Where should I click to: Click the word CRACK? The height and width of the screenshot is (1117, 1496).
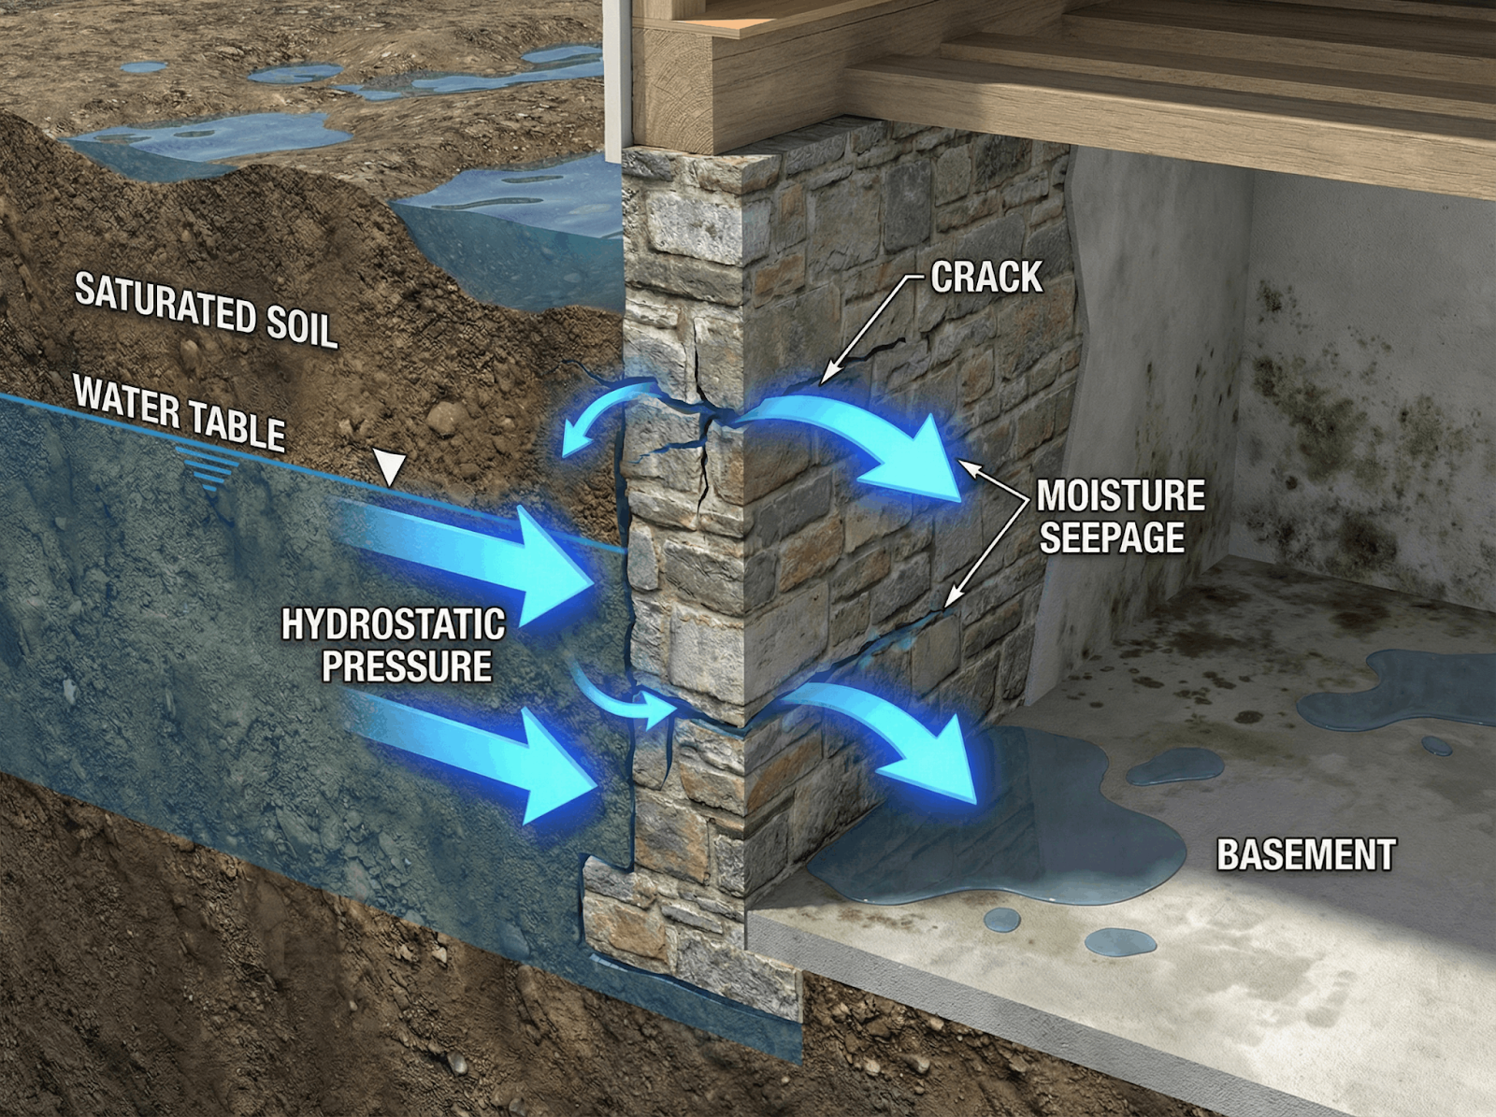986,277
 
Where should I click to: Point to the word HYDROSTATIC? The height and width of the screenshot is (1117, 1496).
393,624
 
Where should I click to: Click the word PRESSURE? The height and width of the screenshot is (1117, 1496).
407,666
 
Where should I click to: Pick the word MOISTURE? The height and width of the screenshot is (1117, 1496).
1121,496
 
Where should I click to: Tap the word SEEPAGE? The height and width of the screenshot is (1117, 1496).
1112,537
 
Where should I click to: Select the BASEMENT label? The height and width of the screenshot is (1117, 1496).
1305,855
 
